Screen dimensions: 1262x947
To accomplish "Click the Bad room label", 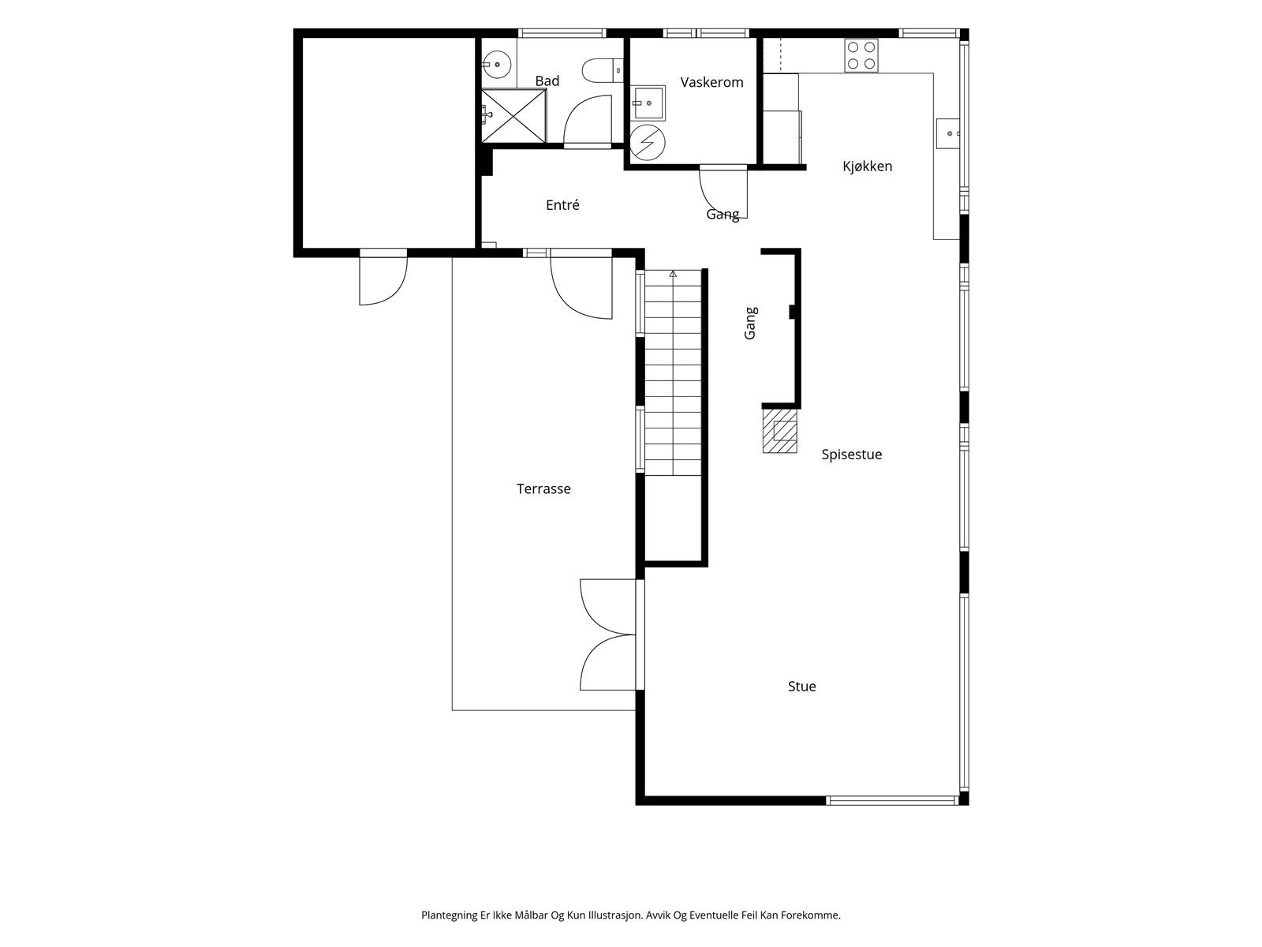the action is pos(547,81).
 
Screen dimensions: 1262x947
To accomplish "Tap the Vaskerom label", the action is pos(711,82).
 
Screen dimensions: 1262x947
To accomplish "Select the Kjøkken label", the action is pos(866,167).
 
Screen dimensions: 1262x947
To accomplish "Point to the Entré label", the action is pos(562,204).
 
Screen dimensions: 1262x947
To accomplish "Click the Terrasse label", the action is pos(543,488).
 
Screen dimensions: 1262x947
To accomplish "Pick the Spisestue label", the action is pos(851,455).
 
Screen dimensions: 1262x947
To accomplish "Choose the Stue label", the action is pos(801,686).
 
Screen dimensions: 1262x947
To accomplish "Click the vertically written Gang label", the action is pos(750,323).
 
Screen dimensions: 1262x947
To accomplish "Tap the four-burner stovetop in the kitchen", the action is pos(861,55).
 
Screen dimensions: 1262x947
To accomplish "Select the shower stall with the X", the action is pos(513,115).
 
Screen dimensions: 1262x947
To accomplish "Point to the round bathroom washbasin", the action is pos(496,65).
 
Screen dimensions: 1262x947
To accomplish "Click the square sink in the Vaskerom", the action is pos(648,103).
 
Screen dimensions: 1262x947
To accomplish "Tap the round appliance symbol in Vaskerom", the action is pos(648,142).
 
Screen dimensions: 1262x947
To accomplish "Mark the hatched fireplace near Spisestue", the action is pos(779,430).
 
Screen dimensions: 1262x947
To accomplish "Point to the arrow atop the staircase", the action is pos(673,275).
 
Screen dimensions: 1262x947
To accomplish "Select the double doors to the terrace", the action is pos(612,634).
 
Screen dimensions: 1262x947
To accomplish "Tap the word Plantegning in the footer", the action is pos(450,915).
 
